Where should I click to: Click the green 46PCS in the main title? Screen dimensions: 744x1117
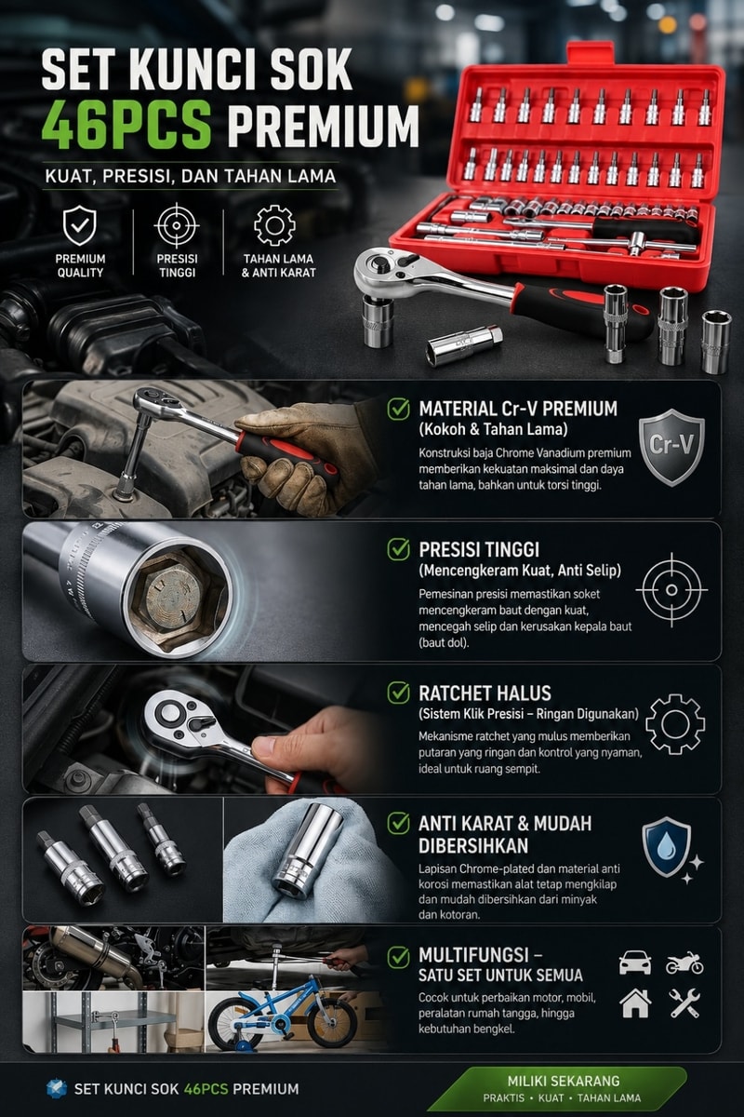[x=127, y=124]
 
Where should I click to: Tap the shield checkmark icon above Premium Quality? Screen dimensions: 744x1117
[x=80, y=226]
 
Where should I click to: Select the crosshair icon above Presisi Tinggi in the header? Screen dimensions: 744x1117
[x=177, y=225]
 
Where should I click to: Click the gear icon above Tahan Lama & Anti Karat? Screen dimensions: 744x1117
[x=274, y=225]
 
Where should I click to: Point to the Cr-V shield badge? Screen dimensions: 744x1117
[x=671, y=448]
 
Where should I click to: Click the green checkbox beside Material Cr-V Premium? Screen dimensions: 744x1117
[x=399, y=409]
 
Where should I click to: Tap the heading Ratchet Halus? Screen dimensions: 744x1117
[x=485, y=693]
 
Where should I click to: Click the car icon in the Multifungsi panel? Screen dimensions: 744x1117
[x=635, y=962]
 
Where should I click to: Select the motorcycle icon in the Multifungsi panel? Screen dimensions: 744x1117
[x=684, y=962]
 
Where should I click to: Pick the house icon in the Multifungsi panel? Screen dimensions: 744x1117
[x=635, y=1003]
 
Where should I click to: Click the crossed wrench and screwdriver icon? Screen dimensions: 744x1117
[x=684, y=1003]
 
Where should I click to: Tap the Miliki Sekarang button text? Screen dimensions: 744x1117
[x=564, y=1081]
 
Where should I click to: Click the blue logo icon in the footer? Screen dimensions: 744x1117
[x=57, y=1089]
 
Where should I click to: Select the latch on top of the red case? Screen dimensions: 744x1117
[x=591, y=53]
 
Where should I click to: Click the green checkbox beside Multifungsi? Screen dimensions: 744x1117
[x=399, y=958]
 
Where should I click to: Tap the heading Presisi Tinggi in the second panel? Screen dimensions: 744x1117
[x=479, y=549]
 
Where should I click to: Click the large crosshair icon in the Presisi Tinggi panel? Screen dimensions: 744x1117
[x=671, y=590]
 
